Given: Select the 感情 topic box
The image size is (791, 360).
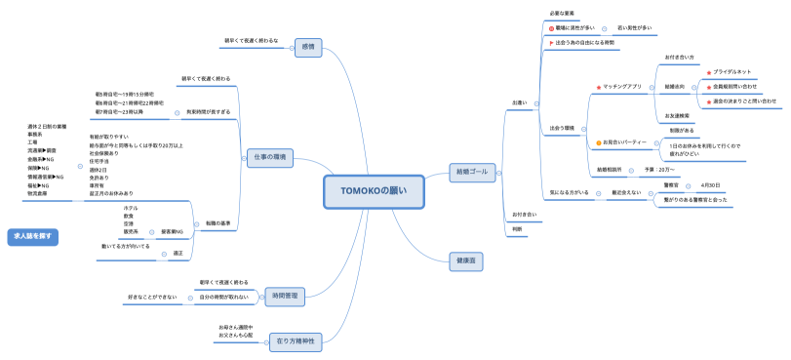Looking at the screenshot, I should point(309,46).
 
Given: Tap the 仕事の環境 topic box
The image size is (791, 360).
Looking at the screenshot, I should point(264,157).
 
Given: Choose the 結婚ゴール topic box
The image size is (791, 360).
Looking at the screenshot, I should point(472,172).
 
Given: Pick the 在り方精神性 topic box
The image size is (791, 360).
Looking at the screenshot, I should point(295,340).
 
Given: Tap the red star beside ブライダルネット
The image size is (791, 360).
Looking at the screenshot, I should point(708,72).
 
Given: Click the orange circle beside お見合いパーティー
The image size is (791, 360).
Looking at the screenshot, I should point(599,142).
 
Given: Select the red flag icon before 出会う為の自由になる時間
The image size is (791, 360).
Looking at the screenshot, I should point(551,43).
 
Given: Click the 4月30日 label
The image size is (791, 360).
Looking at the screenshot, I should point(710,184).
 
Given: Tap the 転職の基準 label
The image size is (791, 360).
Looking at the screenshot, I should point(218,222).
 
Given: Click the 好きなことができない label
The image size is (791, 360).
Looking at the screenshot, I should point(152,296).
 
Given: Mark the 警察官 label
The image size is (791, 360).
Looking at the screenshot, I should point(670,184).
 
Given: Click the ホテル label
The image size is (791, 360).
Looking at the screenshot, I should point(131,208).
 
